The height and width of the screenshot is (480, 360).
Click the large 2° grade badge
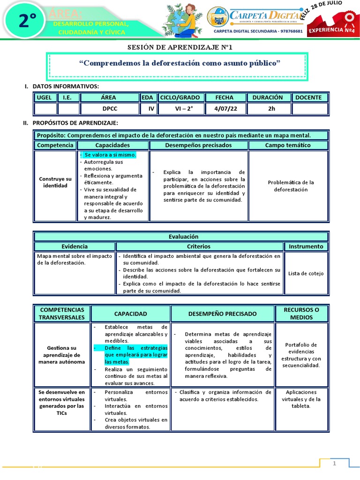pyautogui.click(x=28, y=21)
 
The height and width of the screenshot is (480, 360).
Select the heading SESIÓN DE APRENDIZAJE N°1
pyautogui.click(x=180, y=47)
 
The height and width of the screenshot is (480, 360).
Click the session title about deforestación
pyautogui.click(x=180, y=63)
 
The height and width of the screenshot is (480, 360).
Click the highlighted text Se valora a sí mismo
pyautogui.click(x=110, y=155)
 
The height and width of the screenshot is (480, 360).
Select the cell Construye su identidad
pyautogui.click(x=55, y=182)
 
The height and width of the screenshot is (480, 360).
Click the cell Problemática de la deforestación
pyautogui.click(x=288, y=186)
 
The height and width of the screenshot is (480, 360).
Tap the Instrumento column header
pyautogui.click(x=306, y=246)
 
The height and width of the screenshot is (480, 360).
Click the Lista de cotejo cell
pyautogui.click(x=306, y=273)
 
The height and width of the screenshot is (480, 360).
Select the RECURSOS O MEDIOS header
pyautogui.click(x=301, y=314)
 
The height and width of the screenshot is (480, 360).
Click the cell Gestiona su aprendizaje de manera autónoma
pyautogui.click(x=61, y=355)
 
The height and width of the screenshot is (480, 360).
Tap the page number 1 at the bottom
pyautogui.click(x=335, y=464)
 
